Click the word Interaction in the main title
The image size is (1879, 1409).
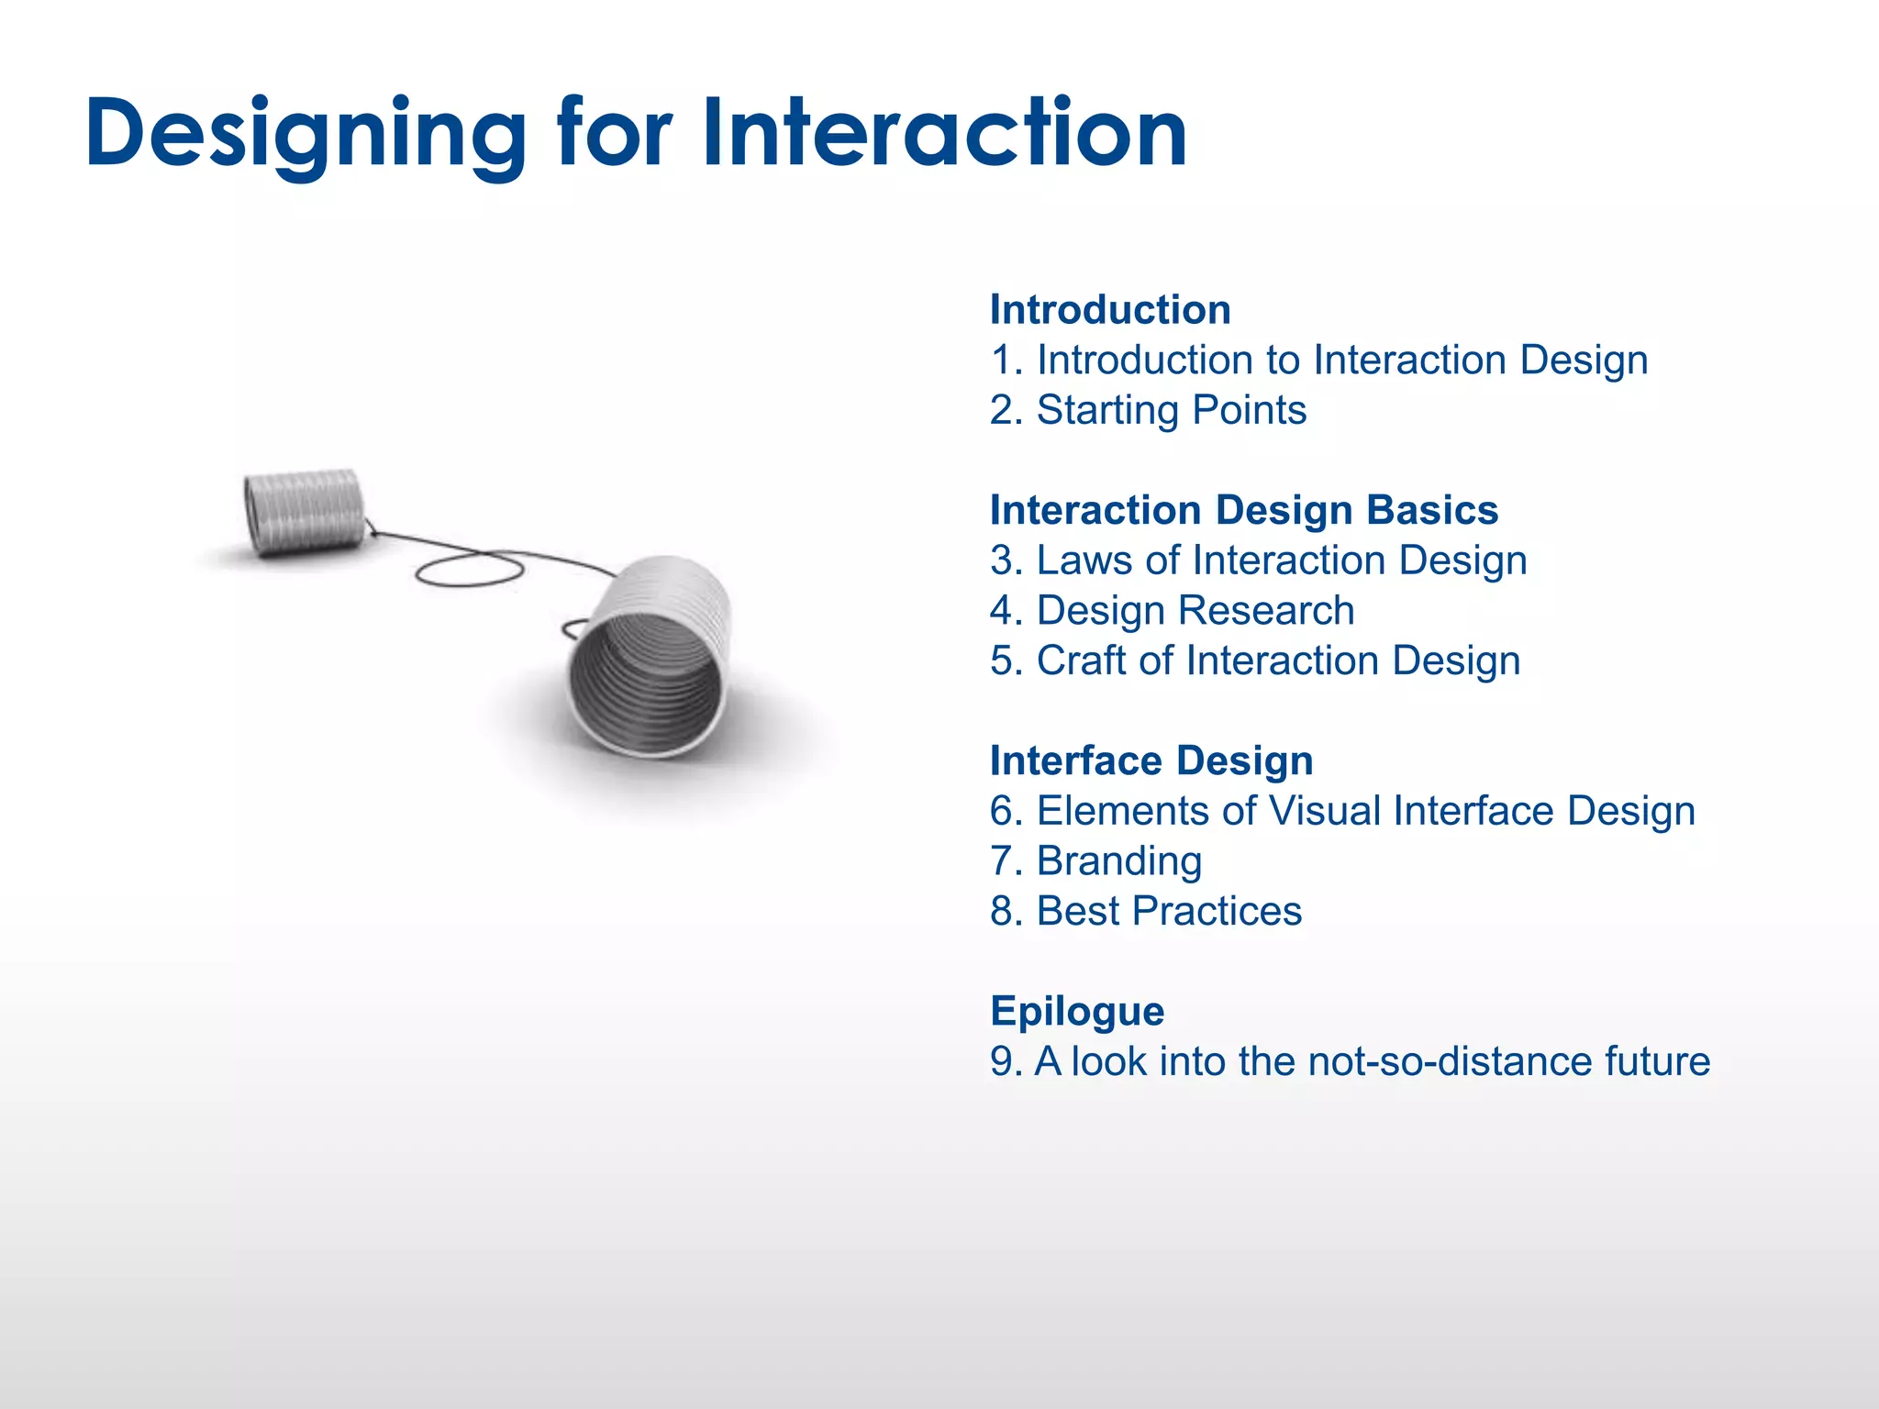pyautogui.click(x=945, y=135)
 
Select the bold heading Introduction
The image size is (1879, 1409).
pyautogui.click(x=1110, y=310)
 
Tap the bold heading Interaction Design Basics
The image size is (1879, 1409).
pyautogui.click(x=1243, y=510)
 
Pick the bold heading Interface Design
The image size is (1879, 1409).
pyautogui.click(x=1151, y=761)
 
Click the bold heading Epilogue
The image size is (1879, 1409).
pyautogui.click(x=1077, y=1012)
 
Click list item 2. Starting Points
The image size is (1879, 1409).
pyautogui.click(x=1148, y=410)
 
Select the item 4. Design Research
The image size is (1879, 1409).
pyautogui.click(x=1172, y=611)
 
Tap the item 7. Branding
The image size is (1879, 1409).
pyautogui.click(x=1095, y=861)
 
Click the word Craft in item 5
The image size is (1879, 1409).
pyautogui.click(x=1081, y=660)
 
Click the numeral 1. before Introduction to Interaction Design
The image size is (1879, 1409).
pyautogui.click(x=1006, y=361)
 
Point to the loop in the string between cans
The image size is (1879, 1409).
pyautogui.click(x=469, y=571)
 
